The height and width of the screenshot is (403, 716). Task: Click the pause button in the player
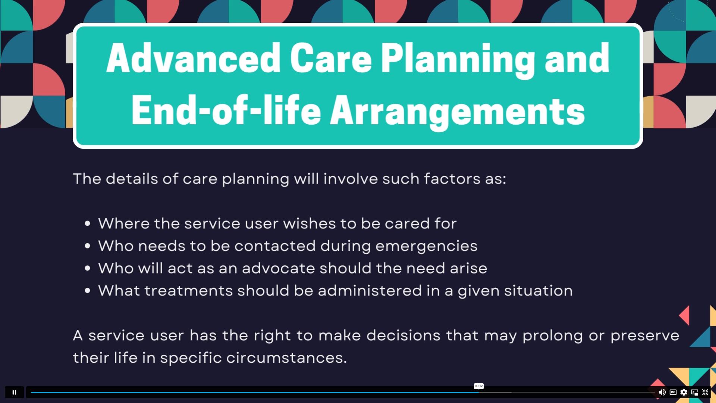(x=14, y=392)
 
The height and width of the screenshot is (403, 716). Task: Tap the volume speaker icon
(x=662, y=392)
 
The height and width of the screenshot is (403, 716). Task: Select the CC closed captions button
(x=673, y=392)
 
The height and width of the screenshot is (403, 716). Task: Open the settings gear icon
(x=684, y=392)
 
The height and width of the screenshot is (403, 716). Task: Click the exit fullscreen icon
(x=705, y=392)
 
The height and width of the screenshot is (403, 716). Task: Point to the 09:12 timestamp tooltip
(x=479, y=386)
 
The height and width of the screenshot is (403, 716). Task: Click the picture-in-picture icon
(x=694, y=392)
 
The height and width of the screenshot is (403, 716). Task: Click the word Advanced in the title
(x=194, y=58)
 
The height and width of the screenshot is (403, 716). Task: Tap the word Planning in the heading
(x=458, y=60)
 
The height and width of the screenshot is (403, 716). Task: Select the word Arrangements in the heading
(x=458, y=111)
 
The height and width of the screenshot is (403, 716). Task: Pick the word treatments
(x=189, y=291)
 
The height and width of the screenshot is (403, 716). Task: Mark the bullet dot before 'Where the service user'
(x=88, y=224)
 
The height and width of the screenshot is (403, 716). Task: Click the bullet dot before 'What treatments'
(x=88, y=291)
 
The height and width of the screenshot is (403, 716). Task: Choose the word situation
(x=538, y=291)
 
